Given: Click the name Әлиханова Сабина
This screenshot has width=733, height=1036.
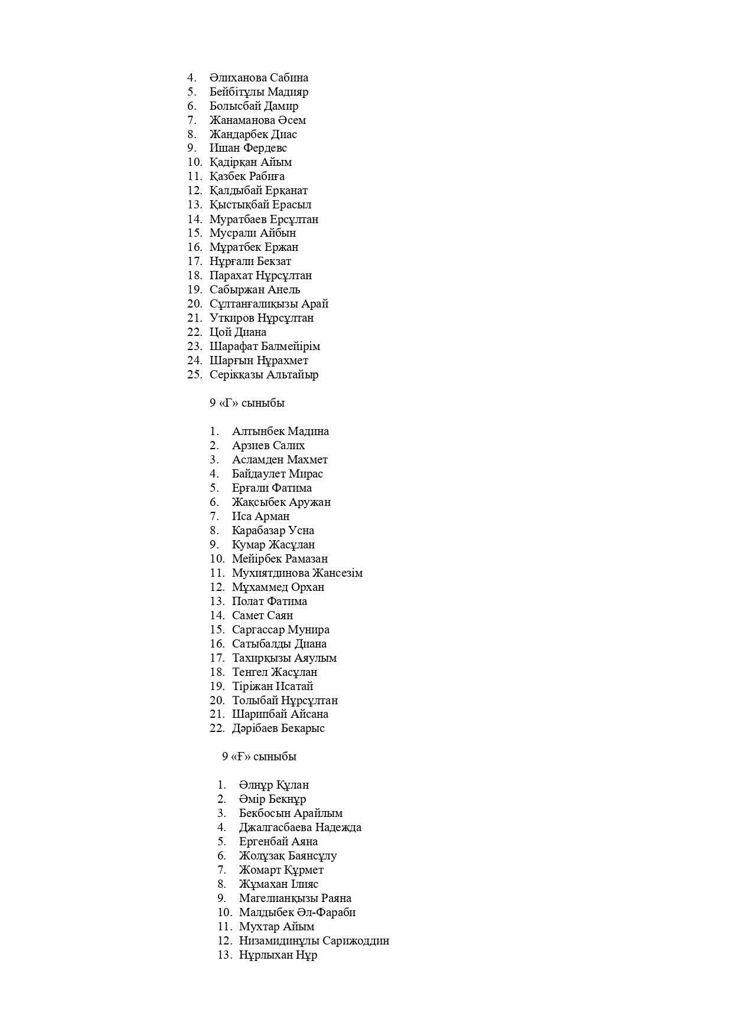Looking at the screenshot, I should [259, 78].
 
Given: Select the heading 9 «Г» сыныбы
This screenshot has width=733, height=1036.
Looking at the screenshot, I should [247, 403].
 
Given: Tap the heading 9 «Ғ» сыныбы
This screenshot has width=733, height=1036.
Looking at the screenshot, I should [259, 757].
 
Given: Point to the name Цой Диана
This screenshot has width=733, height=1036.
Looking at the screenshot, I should [237, 332].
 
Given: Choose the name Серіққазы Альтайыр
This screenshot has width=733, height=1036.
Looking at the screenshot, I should [264, 375].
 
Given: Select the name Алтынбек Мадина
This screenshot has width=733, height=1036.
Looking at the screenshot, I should [280, 432].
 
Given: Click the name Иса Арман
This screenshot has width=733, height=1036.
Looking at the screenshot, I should [260, 517].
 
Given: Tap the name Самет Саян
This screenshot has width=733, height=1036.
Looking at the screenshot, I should [262, 616].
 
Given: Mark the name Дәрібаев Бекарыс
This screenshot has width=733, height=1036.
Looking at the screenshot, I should [278, 728].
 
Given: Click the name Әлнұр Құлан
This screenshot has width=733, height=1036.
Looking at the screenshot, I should [273, 785].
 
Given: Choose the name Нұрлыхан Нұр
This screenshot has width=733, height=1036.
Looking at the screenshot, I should [278, 955].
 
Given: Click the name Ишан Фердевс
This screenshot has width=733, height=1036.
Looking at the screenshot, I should [248, 148].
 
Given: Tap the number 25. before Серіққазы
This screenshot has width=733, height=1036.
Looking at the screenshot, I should [195, 375].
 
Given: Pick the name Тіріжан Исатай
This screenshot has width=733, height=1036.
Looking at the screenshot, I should [272, 687].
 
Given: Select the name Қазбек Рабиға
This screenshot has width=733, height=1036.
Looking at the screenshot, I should [247, 177].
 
